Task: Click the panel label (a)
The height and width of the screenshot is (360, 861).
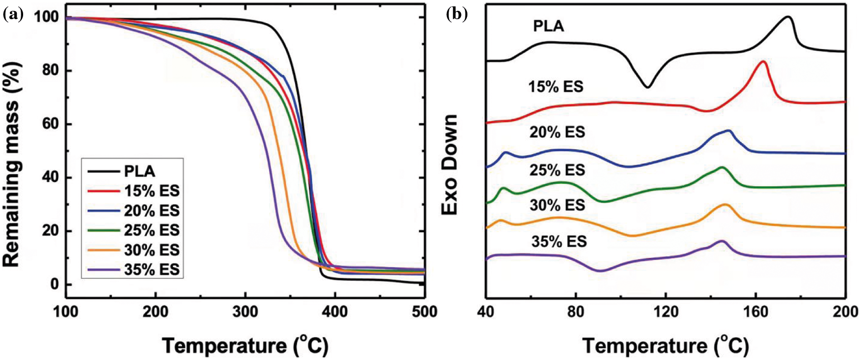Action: point(13,15)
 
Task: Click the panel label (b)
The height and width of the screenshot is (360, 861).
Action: point(456,15)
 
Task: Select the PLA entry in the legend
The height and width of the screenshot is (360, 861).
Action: point(139,171)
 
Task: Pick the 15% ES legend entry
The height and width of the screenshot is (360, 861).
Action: point(152,191)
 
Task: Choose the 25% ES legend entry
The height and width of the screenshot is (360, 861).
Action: point(152,230)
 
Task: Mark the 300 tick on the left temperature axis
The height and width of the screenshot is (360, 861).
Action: point(246,312)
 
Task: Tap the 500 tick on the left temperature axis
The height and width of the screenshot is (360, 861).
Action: point(425,312)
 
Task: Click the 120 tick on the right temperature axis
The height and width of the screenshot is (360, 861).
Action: point(666,312)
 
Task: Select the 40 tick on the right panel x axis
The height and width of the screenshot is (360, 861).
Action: point(487,312)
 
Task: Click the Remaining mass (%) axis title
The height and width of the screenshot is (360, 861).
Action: point(11,164)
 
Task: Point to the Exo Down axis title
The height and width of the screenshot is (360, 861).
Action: point(450,165)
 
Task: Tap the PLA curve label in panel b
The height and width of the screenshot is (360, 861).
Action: point(548,26)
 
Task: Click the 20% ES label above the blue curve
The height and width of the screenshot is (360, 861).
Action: point(557,132)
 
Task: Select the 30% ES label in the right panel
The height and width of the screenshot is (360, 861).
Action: point(557,205)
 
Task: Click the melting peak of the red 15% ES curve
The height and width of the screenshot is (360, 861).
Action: point(763,62)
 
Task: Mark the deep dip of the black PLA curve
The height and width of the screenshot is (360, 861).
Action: point(647,87)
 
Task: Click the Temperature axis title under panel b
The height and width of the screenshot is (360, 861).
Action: point(665,346)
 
